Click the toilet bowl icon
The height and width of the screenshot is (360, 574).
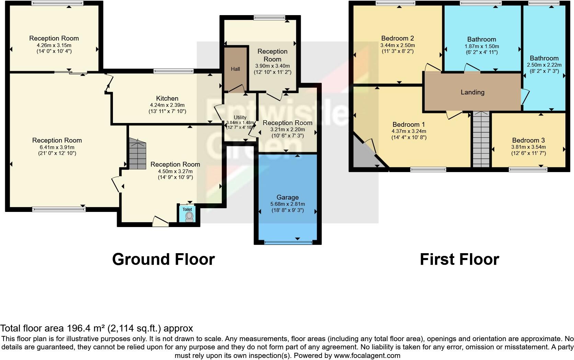point(189,216)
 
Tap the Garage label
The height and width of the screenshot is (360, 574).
point(287,198)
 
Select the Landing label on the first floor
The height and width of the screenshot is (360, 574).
point(472,92)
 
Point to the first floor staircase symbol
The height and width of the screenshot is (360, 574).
point(481,139)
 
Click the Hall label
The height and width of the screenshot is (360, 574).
point(235,69)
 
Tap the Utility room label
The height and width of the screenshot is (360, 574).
point(240,117)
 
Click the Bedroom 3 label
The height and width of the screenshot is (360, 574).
point(528,140)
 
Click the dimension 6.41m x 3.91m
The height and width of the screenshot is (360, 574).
point(57,147)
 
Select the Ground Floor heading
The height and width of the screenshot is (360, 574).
point(163,259)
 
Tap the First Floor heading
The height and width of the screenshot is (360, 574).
point(459,259)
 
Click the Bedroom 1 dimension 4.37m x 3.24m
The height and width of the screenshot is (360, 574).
point(409,131)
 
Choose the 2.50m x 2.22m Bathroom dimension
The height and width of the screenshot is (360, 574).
point(544,65)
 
